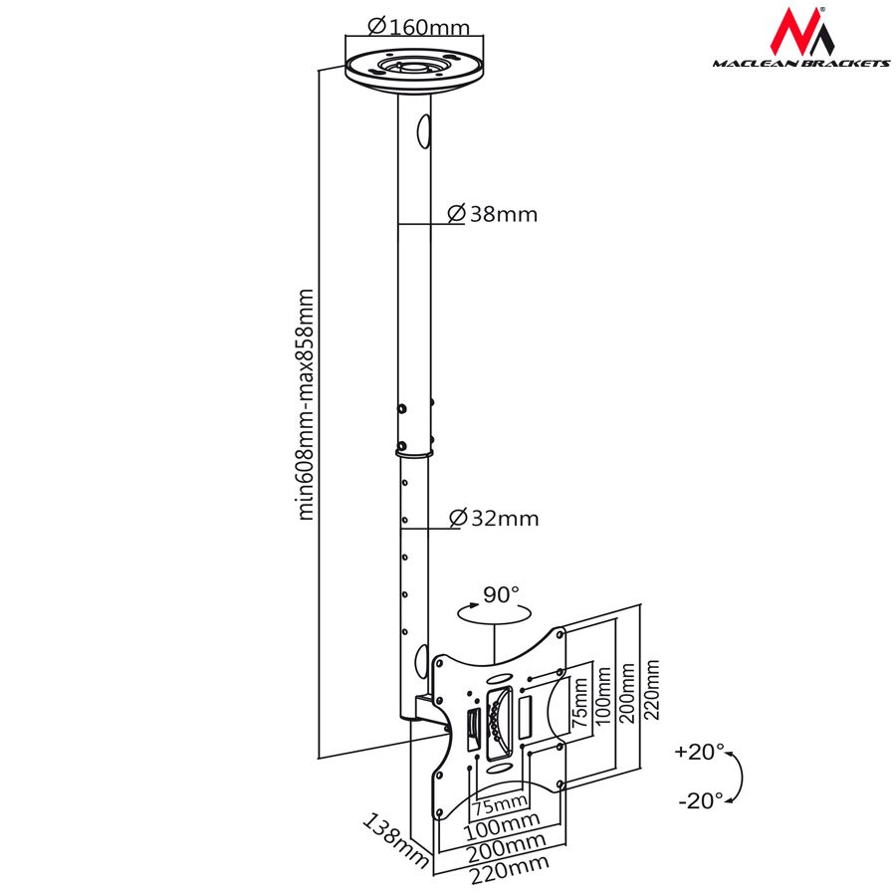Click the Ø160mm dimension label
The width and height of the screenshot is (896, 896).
click(418, 26)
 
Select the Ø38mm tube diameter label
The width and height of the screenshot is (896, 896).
click(493, 213)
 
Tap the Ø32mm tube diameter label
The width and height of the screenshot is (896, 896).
click(494, 518)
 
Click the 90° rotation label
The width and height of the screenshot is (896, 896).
click(501, 595)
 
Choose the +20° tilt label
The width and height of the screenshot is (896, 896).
click(700, 752)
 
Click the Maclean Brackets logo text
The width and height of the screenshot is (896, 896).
click(799, 64)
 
